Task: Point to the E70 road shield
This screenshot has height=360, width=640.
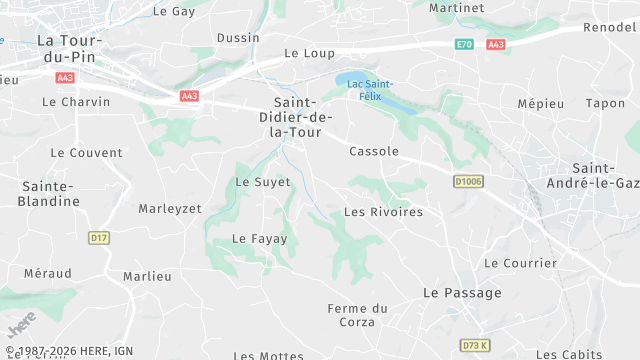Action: pyautogui.click(x=463, y=45)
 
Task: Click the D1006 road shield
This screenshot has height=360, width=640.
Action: pyautogui.click(x=467, y=182)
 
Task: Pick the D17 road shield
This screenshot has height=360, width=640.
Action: pyautogui.click(x=98, y=238)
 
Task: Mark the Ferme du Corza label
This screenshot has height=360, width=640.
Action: pyautogui.click(x=357, y=315)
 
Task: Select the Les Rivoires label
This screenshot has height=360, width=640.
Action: pyautogui.click(x=383, y=212)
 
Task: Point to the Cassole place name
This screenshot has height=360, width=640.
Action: pyautogui.click(x=374, y=152)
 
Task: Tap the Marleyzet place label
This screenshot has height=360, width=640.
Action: pyautogui.click(x=170, y=208)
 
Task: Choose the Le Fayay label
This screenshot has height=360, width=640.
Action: pyautogui.click(x=259, y=239)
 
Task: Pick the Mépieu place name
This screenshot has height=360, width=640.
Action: pyautogui.click(x=540, y=104)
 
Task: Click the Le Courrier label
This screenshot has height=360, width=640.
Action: pyautogui.click(x=520, y=263)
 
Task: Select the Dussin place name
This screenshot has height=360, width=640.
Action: pyautogui.click(x=237, y=39)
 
